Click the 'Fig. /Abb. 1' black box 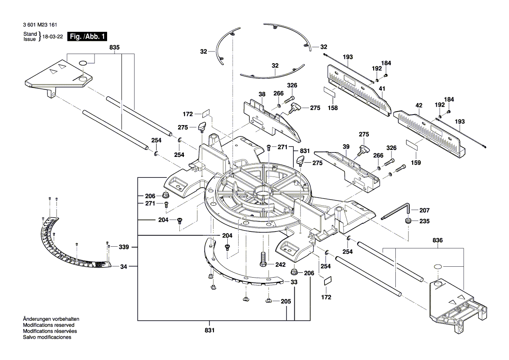tap(87, 37)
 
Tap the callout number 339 tap(124, 247)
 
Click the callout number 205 tap(286, 301)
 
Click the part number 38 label tap(262, 94)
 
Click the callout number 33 tap(294, 282)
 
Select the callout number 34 tap(124, 266)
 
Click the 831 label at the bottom tap(210, 330)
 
